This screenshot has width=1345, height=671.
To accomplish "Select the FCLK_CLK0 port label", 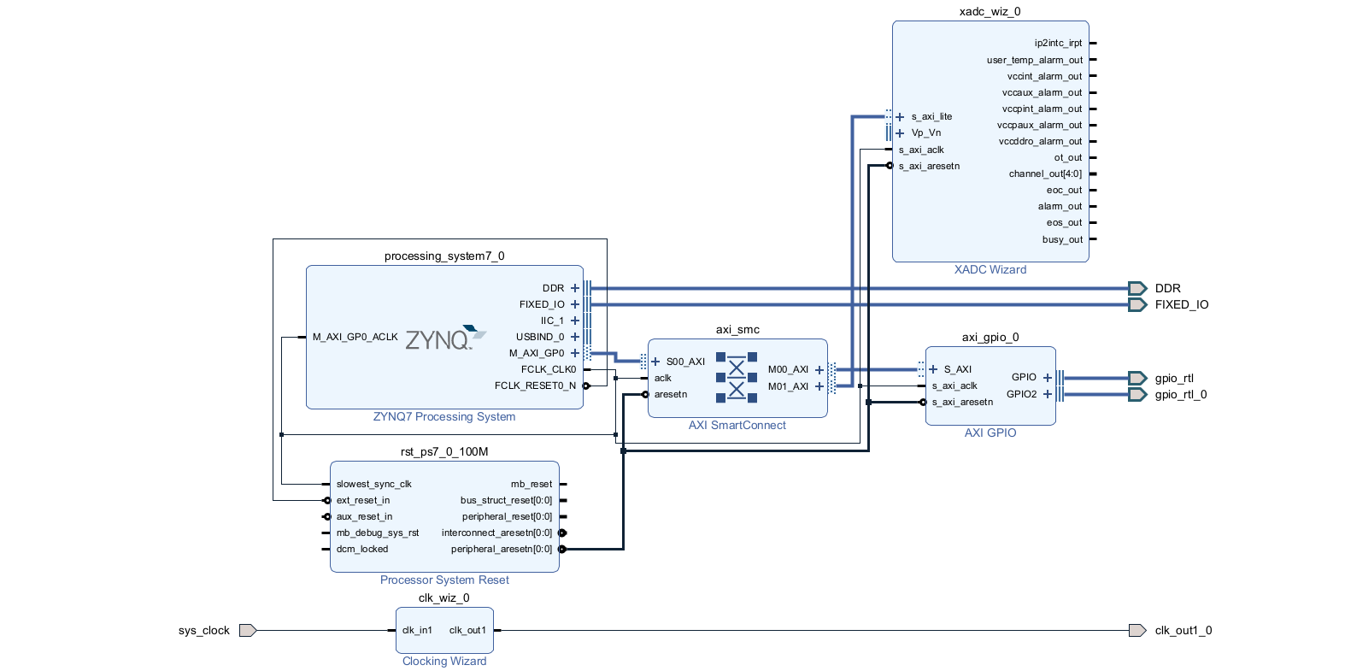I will click(x=549, y=369).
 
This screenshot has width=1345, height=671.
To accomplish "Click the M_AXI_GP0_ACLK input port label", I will click(x=355, y=337).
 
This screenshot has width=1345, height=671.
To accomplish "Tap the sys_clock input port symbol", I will click(x=248, y=631).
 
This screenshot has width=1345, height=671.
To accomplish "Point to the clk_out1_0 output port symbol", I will click(x=1137, y=631).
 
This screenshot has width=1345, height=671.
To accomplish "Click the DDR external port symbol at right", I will click(x=1137, y=288).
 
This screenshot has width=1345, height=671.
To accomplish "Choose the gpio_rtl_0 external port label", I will click(x=1180, y=395).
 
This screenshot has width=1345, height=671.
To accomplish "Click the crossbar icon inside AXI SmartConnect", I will click(x=737, y=377).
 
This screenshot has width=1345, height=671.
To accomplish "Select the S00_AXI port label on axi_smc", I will click(x=685, y=362).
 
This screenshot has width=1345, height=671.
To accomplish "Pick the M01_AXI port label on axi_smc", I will click(x=788, y=386).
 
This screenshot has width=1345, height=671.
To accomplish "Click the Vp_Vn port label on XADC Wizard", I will click(x=925, y=132).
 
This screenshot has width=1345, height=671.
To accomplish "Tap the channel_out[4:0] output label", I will click(x=1044, y=174).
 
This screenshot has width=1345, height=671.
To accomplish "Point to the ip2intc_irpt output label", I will click(x=1058, y=43).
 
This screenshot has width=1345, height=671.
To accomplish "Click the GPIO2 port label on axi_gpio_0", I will click(x=1021, y=394).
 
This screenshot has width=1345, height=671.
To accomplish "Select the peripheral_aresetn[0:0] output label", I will click(x=501, y=549).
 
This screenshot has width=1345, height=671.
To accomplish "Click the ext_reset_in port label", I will click(x=362, y=500).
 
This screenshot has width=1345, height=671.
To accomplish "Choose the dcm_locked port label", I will click(x=361, y=549).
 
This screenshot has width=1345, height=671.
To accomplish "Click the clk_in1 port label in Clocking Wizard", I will click(x=417, y=631).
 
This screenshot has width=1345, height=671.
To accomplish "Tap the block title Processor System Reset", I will click(x=444, y=580).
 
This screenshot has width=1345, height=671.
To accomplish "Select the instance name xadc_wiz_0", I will click(x=990, y=12).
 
